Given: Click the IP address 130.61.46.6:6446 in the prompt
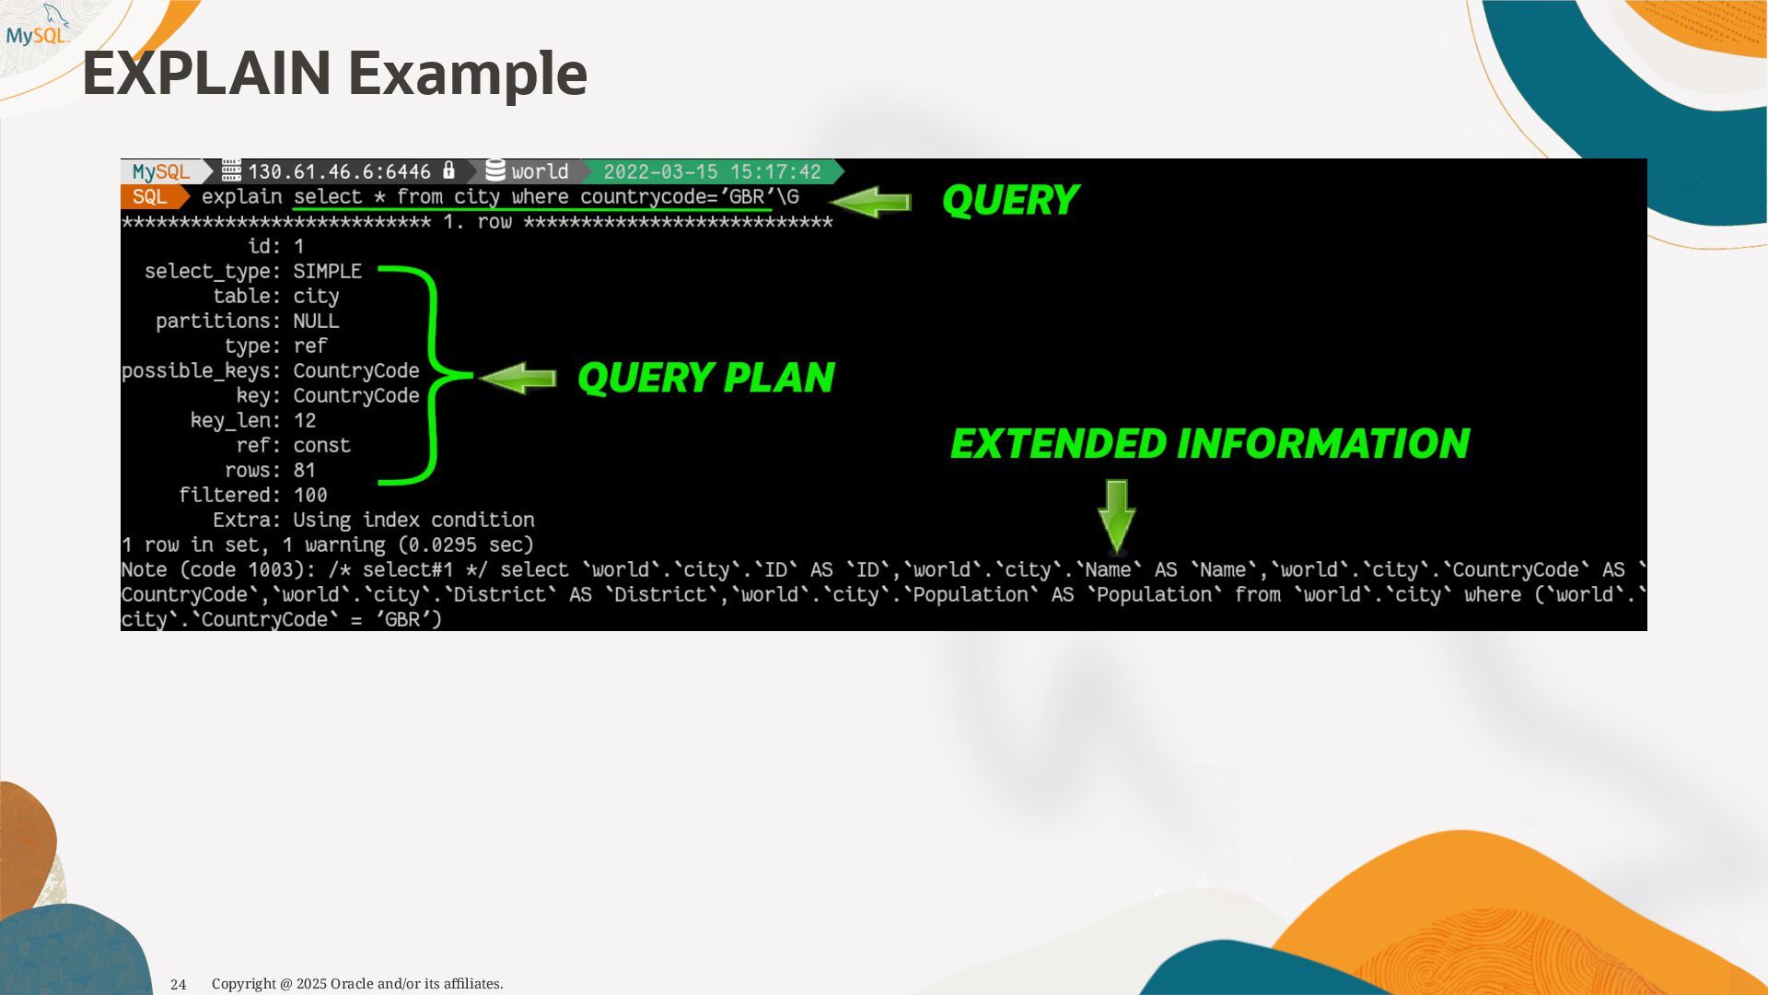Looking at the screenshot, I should (339, 172).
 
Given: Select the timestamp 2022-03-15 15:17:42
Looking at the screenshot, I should (712, 172).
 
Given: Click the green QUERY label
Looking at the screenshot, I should (1010, 201).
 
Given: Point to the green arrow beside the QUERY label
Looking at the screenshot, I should (870, 203).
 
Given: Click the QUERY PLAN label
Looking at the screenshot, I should (706, 378).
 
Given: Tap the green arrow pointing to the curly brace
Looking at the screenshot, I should (518, 378).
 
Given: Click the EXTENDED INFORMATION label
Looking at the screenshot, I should (1210, 444).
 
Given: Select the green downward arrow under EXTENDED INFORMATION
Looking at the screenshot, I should (1116, 516).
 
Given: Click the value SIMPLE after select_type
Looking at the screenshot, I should (327, 272).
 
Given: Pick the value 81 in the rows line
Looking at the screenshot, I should (305, 471).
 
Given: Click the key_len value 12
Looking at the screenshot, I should (305, 421).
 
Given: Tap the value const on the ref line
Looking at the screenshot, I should (321, 446).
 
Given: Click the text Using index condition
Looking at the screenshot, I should (413, 521).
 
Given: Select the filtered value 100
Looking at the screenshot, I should (310, 496).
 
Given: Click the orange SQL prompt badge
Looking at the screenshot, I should (150, 197).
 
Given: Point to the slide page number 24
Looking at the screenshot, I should (179, 985).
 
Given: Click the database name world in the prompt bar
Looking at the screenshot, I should (540, 172).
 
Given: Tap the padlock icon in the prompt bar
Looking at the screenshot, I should (449, 170).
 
